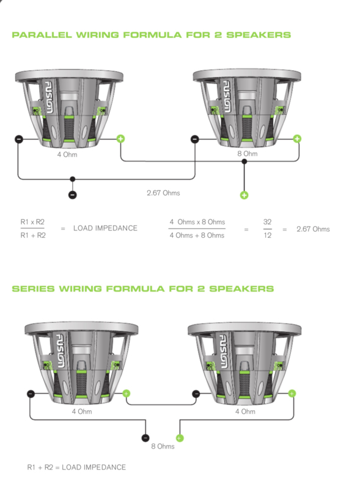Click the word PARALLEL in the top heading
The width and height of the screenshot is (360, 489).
pos(42,35)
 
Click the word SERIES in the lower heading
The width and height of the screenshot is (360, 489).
pos(33,289)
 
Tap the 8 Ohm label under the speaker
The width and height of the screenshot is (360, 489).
pos(248,153)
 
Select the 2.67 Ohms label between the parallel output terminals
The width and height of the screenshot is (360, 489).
pos(163,193)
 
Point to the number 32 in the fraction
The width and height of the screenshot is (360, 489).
pos(267,222)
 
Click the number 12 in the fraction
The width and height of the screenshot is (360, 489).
pos(267,235)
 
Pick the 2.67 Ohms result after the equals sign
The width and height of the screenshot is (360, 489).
pos(313,229)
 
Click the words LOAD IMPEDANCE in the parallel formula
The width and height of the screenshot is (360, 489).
pos(105,228)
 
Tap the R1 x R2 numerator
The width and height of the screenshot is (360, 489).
pos(32,222)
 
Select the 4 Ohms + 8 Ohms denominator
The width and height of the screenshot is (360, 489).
pos(197,235)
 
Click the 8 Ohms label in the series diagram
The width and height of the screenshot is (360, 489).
pos(163,446)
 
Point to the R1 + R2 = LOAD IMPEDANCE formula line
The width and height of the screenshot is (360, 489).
pos(76,467)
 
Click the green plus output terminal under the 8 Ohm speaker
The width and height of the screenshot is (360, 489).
pos(244,195)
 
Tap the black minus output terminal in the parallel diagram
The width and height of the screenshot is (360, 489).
pos(72,195)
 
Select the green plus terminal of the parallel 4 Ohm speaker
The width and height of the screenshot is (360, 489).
pos(121,139)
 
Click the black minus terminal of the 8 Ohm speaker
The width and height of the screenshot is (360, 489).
pos(194,139)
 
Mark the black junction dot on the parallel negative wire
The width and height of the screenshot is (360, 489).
pos(72,179)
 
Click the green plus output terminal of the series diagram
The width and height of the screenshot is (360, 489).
pos(179,438)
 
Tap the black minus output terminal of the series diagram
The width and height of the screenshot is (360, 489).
pos(145,438)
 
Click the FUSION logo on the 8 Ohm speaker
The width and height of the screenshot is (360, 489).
pos(227,97)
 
